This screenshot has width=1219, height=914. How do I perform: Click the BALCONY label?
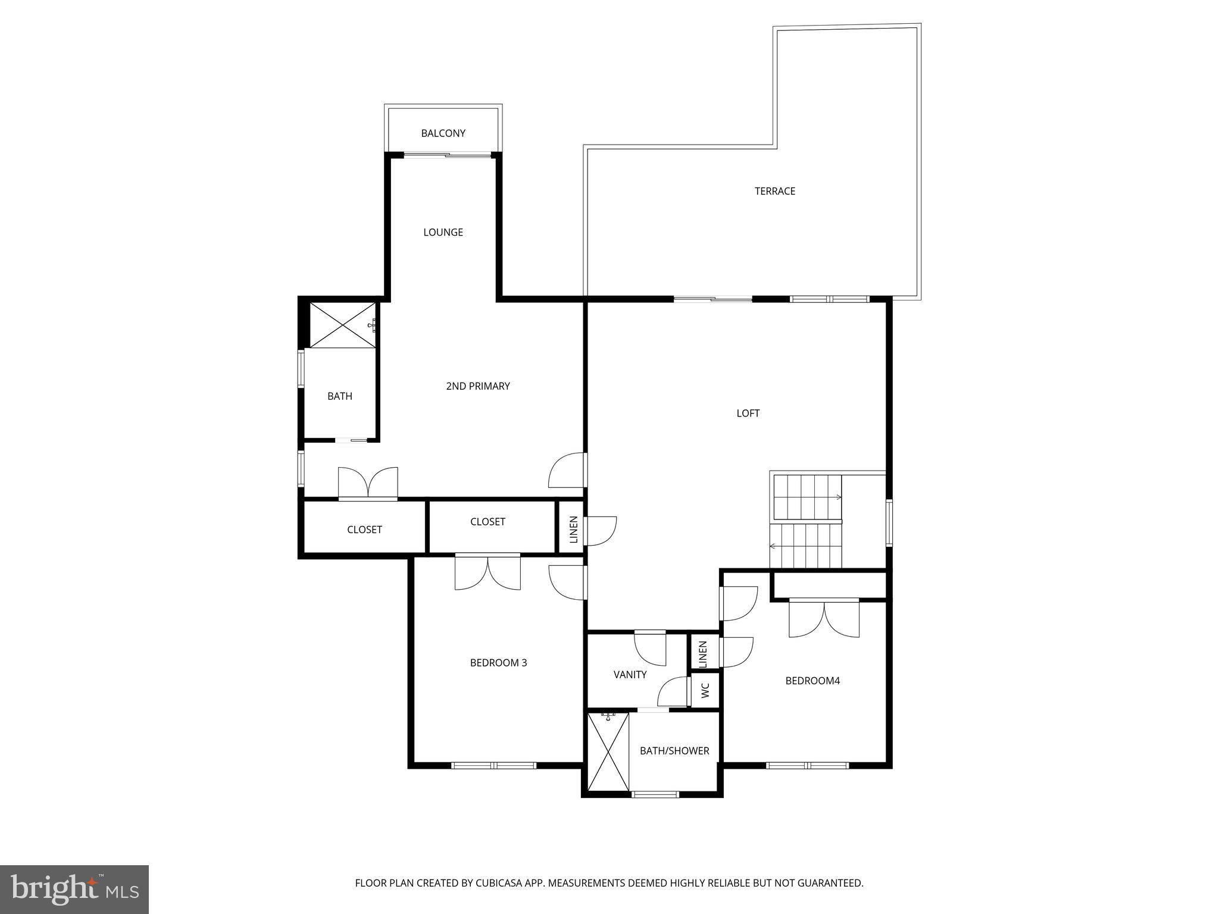click(x=443, y=133)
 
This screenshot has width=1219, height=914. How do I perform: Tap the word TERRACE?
click(x=774, y=191)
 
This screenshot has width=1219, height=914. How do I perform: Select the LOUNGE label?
click(x=443, y=232)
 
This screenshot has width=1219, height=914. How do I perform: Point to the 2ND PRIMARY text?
click(x=477, y=386)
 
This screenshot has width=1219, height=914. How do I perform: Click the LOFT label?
click(x=748, y=413)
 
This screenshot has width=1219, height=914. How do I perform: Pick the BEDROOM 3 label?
click(x=498, y=663)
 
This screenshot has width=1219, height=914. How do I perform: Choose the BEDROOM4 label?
click(x=812, y=681)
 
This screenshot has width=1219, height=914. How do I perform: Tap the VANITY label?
click(x=630, y=675)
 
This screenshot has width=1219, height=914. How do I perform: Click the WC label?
click(x=705, y=690)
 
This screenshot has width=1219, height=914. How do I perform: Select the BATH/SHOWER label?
click(x=674, y=751)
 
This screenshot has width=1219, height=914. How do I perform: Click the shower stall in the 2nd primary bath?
click(x=342, y=325)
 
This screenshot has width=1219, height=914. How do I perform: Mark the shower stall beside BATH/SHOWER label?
click(x=608, y=752)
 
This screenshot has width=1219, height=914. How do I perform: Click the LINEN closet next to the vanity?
click(x=703, y=653)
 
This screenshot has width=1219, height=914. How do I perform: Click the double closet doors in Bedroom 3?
click(x=487, y=572)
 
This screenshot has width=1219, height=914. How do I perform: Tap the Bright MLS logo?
click(x=74, y=889)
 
